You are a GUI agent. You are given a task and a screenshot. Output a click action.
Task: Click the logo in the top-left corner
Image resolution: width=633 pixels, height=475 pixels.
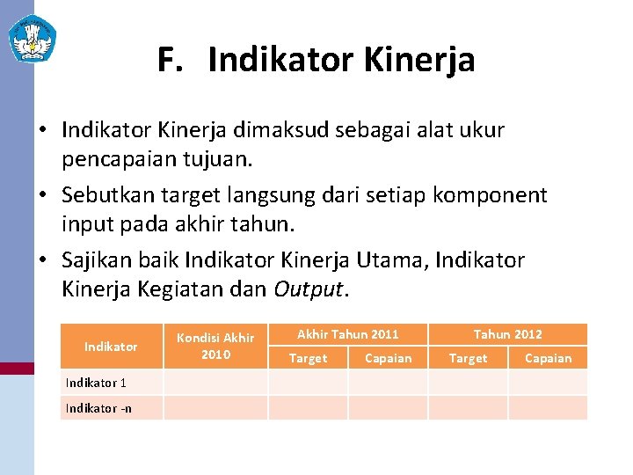point(32,39)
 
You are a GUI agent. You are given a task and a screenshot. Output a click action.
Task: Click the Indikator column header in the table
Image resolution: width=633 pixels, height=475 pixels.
point(111,347)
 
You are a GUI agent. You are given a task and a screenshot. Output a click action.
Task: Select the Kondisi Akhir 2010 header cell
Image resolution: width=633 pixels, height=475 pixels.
point(215,346)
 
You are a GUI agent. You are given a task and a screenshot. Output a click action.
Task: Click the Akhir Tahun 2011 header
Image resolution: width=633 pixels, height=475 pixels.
point(348,334)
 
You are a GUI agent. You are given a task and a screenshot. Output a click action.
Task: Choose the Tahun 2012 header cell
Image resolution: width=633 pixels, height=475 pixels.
point(508,334)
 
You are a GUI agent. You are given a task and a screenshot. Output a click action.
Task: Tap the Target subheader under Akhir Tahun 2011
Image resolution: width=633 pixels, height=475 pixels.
point(308,358)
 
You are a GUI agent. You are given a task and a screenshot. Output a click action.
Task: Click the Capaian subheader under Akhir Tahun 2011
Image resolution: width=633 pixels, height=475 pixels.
point(388,358)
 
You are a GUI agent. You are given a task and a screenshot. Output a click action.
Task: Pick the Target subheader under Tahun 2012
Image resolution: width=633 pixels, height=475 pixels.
point(468,358)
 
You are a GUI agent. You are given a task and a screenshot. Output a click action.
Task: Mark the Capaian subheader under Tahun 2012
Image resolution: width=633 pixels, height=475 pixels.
point(548,358)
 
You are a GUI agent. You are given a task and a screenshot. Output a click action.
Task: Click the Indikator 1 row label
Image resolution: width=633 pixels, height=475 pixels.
point(96,383)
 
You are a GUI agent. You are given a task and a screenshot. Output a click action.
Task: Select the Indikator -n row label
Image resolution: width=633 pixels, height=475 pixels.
point(98,408)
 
